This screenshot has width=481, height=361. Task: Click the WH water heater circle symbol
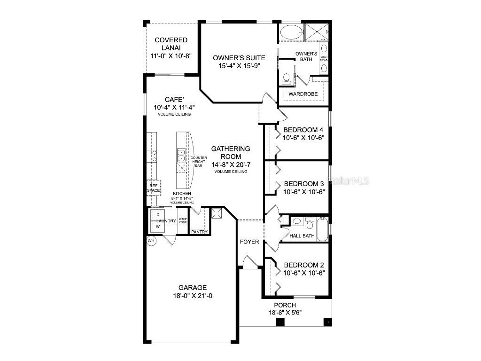[151, 241]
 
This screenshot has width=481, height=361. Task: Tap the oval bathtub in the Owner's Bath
[291, 32]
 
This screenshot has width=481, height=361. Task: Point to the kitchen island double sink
[181, 154]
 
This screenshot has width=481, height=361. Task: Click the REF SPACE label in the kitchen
[154, 188]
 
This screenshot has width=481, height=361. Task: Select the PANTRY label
[199, 232]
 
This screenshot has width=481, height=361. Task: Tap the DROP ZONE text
[183, 220]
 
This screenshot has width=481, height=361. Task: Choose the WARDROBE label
[303, 94]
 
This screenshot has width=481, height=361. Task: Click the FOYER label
[249, 242]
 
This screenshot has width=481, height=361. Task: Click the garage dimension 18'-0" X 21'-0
[192, 296]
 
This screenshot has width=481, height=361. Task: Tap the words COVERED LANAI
[171, 44]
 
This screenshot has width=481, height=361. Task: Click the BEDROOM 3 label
[304, 183]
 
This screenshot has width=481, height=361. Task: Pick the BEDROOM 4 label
[304, 130]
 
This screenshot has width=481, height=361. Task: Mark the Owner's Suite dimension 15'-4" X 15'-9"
[239, 66]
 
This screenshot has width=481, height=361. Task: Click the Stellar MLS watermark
[349, 180]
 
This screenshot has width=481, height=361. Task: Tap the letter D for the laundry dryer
[158, 214]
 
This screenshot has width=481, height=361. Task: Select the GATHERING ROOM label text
[230, 152]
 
